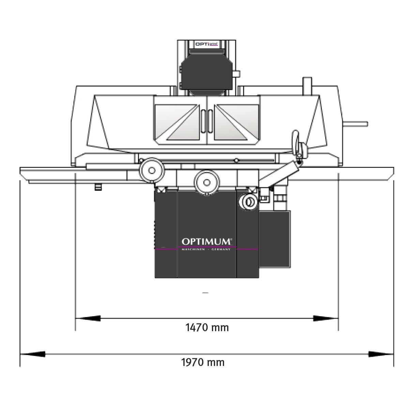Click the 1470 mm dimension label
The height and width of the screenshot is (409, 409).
tap(207, 328)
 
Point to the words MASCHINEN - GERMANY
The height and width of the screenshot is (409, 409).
tap(206, 249)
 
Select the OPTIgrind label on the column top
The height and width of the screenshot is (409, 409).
tap(206, 44)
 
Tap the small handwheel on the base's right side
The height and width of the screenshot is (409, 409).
tap(248, 202)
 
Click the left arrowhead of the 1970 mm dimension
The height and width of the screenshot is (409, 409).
tap(33, 354)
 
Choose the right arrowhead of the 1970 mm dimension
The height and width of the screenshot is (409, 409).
tap(381, 354)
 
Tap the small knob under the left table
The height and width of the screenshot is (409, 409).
tap(99, 187)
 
